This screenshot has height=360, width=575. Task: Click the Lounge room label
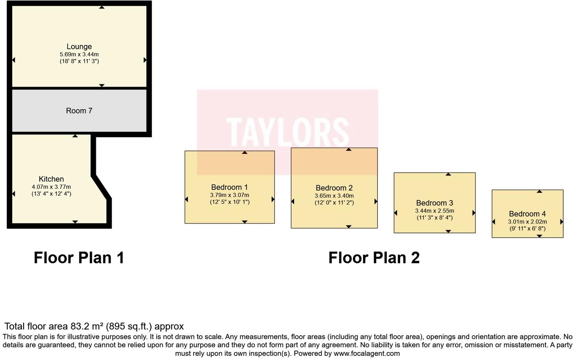point(79,47)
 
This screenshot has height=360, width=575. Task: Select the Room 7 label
point(79,111)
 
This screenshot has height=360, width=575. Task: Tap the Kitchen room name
point(51,179)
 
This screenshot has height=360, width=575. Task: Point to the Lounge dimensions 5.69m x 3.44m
point(79,54)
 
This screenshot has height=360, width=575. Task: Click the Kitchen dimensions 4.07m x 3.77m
point(51,187)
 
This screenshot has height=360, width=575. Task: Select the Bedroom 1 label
point(229,187)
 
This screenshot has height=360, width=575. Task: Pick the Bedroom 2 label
point(334,188)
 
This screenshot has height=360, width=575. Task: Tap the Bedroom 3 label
point(434,203)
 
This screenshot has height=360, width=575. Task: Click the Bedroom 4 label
point(527,214)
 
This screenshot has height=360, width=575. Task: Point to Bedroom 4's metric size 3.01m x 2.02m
point(527,222)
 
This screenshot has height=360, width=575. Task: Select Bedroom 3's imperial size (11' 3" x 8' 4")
point(434,218)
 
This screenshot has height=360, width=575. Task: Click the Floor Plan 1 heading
point(79,258)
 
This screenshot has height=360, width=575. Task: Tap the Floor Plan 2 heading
point(374,258)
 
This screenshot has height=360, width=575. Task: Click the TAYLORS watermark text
point(287,132)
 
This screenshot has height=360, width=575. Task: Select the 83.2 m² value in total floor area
point(87,326)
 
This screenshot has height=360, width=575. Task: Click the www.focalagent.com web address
point(366,354)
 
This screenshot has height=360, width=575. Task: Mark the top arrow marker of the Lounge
point(102,7)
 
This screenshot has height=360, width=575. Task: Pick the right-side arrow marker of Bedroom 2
point(376,202)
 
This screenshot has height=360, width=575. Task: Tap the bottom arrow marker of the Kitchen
point(75,222)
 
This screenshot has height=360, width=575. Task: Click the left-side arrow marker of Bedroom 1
point(186,199)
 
